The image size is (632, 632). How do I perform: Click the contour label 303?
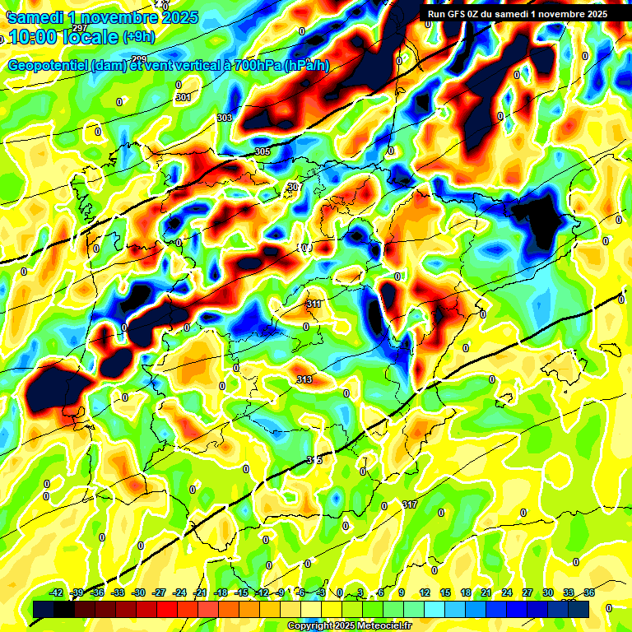(x=225, y=118)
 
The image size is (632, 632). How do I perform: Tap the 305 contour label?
(x=263, y=152)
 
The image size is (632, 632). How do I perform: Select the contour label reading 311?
(x=314, y=304)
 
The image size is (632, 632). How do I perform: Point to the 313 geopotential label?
(x=304, y=379)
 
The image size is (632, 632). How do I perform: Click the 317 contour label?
(x=410, y=504)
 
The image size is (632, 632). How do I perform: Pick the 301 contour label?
(x=183, y=98)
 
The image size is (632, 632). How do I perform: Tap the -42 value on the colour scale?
(x=57, y=593)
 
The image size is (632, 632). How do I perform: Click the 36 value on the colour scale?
(x=588, y=593)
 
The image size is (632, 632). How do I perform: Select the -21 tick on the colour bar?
(x=200, y=593)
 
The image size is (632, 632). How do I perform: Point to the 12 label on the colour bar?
(x=425, y=593)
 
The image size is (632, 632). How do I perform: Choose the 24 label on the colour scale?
(x=506, y=593)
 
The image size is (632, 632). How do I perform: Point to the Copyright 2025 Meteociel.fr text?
(x=349, y=625)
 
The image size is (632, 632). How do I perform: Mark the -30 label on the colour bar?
(x=138, y=593)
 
